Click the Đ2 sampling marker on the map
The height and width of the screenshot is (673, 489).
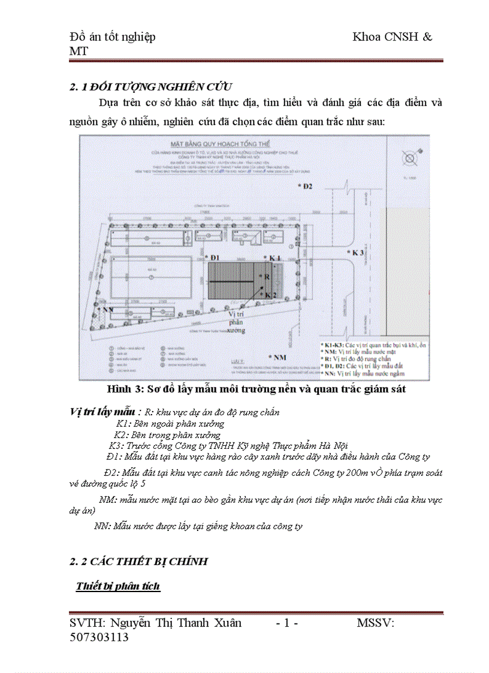point(306,186)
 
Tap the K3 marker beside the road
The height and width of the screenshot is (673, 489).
point(357,253)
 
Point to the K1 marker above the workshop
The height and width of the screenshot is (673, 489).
point(272,258)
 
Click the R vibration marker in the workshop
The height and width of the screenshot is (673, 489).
point(266,276)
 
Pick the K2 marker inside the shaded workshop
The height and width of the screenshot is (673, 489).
point(269,295)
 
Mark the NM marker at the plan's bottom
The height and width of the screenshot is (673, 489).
point(277,358)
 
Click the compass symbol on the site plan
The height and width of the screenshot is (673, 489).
point(410,159)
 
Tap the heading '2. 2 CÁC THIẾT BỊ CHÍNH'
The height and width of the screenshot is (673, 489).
point(138,562)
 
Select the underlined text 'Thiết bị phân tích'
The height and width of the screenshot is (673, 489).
point(118,586)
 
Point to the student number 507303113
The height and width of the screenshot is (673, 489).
point(99,637)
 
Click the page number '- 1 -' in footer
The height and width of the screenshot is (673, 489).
point(287,623)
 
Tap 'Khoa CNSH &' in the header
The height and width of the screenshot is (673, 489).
point(392,37)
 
